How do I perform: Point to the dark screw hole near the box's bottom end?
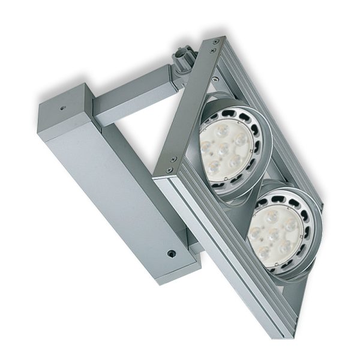[172, 254]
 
